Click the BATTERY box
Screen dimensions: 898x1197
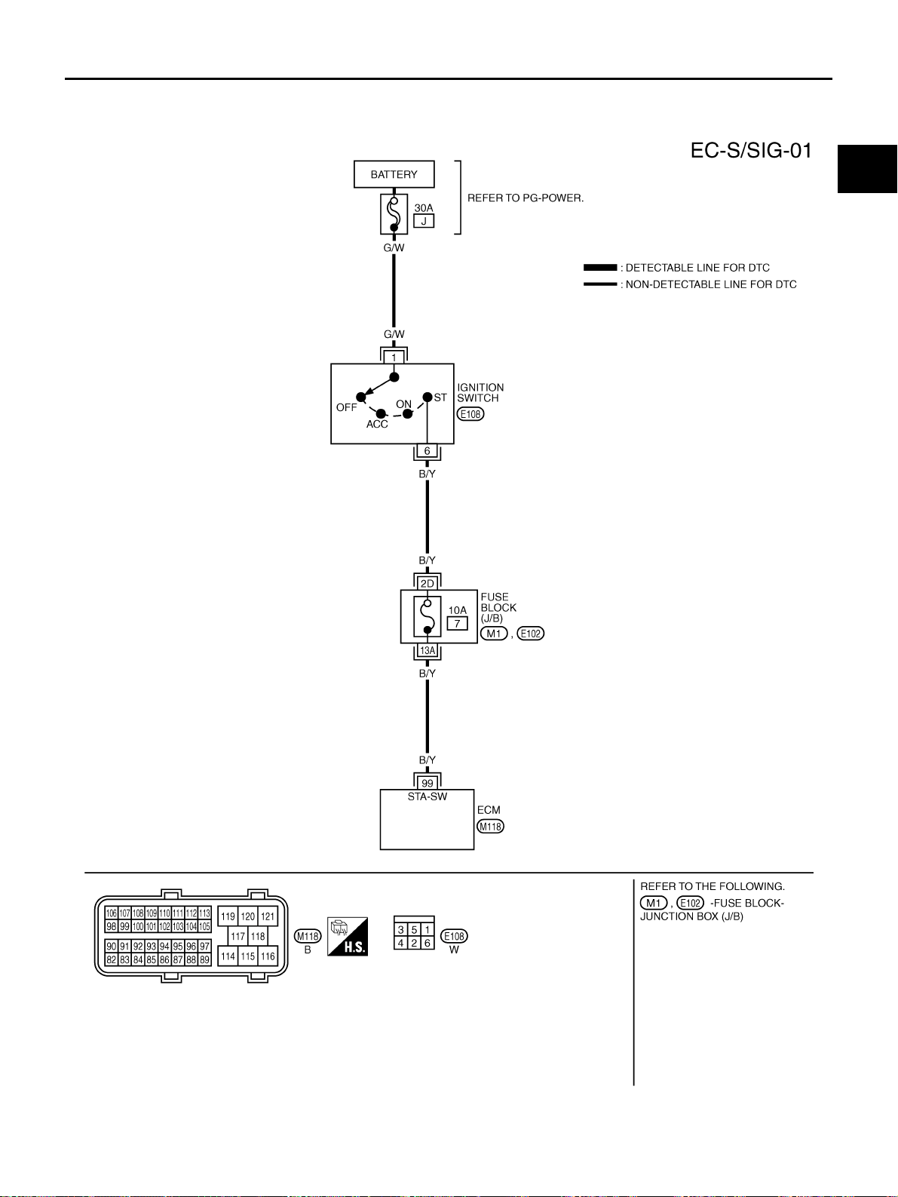coord(394,174)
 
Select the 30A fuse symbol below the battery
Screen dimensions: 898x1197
coord(394,213)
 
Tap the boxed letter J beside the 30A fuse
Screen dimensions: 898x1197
coord(424,221)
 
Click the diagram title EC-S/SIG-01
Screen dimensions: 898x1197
coord(751,151)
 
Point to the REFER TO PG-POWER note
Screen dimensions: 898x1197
coord(526,198)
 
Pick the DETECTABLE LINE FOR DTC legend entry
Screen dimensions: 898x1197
coord(676,268)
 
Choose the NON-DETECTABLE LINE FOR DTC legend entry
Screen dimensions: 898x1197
coord(690,284)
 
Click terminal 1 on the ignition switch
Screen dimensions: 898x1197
coord(394,358)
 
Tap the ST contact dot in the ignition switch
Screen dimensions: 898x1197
coord(428,397)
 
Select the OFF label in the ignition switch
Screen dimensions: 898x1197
coord(347,407)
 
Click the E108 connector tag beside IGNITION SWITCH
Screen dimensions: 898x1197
coord(470,414)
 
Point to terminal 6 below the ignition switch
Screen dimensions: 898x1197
coord(428,451)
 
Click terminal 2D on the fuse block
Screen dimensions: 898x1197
coord(428,584)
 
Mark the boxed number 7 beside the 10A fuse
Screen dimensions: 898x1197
coord(457,623)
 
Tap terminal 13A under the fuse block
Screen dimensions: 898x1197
coord(428,651)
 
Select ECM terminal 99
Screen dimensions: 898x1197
coord(428,783)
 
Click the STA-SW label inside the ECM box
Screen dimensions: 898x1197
coord(428,796)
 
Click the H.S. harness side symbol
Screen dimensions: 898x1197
coord(348,936)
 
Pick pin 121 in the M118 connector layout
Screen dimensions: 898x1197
coord(268,916)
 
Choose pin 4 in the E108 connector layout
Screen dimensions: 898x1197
coord(400,943)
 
